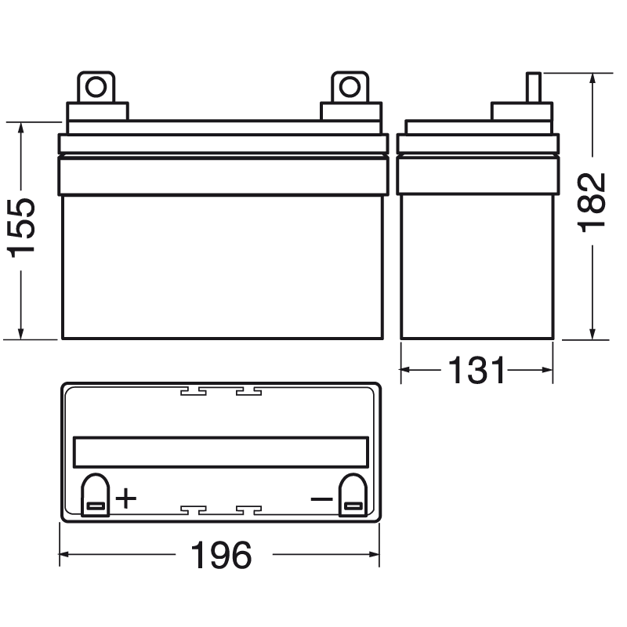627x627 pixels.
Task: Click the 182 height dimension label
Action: [x=593, y=201]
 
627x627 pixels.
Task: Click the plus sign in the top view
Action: [x=125, y=498]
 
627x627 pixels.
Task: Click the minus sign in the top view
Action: [x=321, y=498]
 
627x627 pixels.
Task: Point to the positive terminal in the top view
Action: [x=96, y=497]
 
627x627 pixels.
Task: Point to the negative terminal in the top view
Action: [x=350, y=497]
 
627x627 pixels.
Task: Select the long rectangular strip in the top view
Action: [x=220, y=451]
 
